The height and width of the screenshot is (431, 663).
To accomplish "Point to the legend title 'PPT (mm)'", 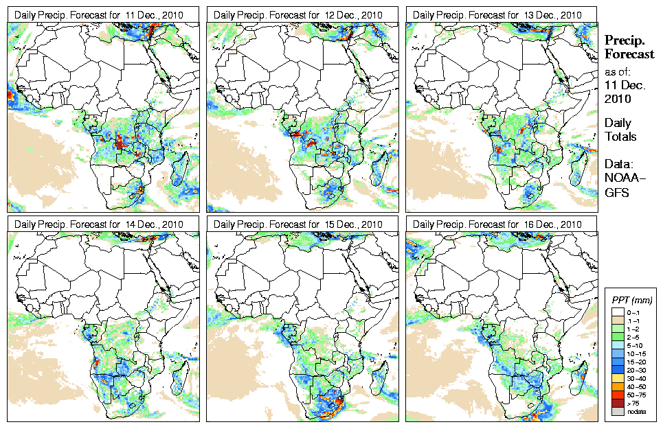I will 631,300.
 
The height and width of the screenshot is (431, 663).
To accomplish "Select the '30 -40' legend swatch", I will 615,377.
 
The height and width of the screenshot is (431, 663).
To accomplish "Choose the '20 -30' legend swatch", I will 615,369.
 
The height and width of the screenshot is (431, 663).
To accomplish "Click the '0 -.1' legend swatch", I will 615,312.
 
